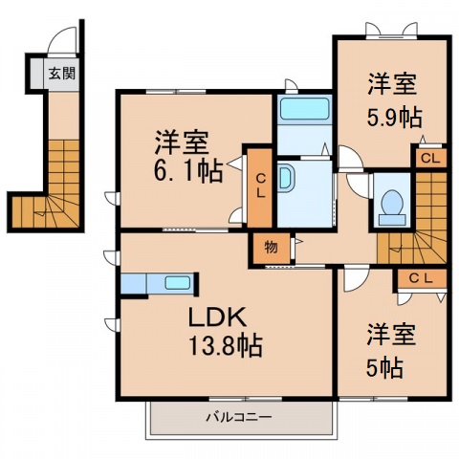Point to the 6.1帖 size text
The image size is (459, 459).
[187, 171]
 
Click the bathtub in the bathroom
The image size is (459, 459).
[302, 111]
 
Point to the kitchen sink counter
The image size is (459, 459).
[159, 284]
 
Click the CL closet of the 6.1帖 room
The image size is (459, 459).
[258, 188]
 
